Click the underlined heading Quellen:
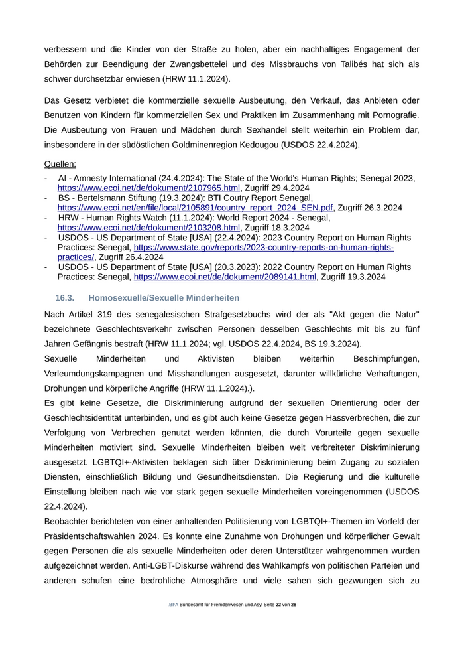point(60,163)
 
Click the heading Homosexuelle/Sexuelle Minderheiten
point(163,298)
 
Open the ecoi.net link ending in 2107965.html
point(148,188)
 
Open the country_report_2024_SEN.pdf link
point(195,208)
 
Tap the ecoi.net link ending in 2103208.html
point(148,227)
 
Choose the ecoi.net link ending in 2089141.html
point(225,277)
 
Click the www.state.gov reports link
point(263,247)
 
